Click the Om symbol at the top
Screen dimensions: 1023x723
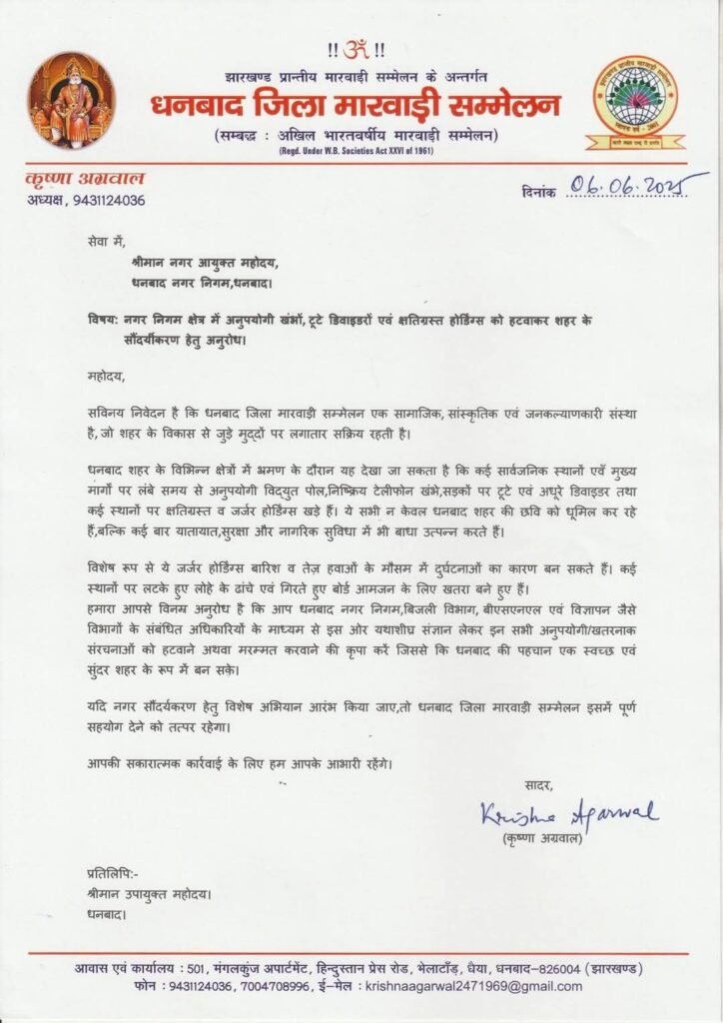point(362,47)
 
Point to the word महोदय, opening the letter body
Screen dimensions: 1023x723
point(107,379)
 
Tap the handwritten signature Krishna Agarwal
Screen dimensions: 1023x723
point(568,812)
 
